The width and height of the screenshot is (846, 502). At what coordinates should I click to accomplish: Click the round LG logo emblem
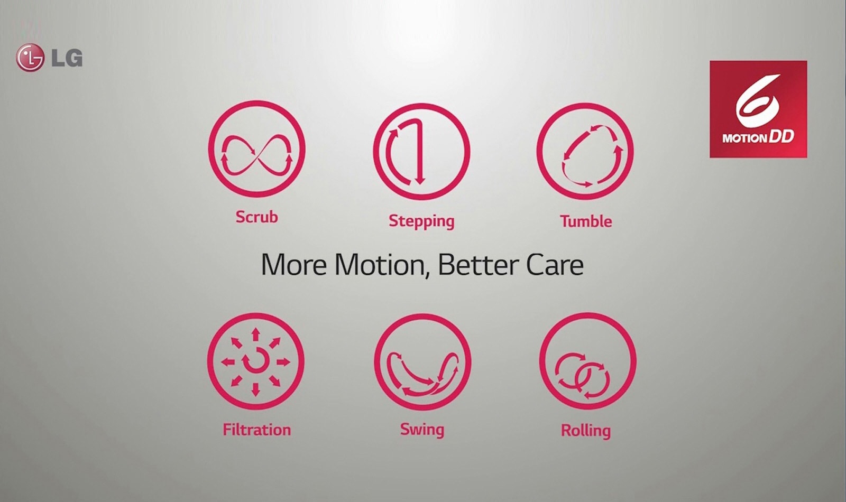[x=30, y=58]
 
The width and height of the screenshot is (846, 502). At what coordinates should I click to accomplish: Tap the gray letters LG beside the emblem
[x=67, y=58]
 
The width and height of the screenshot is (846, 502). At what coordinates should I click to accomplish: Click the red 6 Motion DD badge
[x=758, y=109]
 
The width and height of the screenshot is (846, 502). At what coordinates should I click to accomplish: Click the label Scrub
[x=256, y=217]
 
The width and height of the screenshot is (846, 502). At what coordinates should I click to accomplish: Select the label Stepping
[x=421, y=221]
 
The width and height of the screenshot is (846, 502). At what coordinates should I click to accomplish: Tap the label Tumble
[x=586, y=221]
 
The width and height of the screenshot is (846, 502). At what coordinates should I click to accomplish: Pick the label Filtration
[x=257, y=430]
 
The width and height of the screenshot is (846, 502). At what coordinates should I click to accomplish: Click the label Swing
[x=422, y=430]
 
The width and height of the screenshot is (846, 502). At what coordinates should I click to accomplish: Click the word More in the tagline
[x=293, y=265]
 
